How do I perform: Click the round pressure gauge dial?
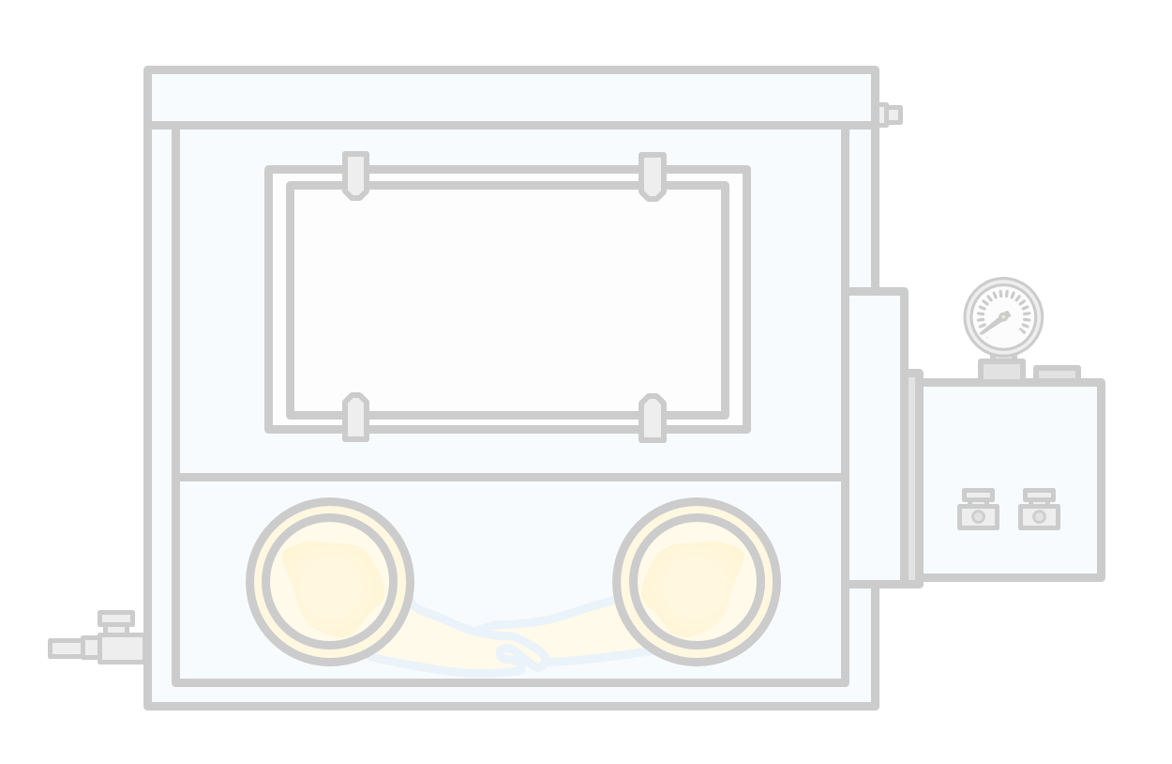pyautogui.click(x=1003, y=317)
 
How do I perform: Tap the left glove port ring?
pyautogui.click(x=330, y=582)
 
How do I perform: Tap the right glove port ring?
pyautogui.click(x=697, y=582)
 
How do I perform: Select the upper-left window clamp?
pyautogui.click(x=355, y=176)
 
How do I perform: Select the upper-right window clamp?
pyautogui.click(x=653, y=176)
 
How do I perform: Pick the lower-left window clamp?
pyautogui.click(x=355, y=417)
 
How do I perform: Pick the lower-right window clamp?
pyautogui.click(x=653, y=418)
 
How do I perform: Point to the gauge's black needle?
pyautogui.click(x=993, y=324)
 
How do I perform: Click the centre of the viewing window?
pyautogui.click(x=507, y=299)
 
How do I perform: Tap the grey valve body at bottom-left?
pyautogui.click(x=122, y=649)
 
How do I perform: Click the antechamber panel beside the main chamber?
pyautogui.click(x=874, y=437)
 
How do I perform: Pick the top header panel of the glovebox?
pyautogui.click(x=511, y=98)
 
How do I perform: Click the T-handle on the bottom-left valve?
pyautogui.click(x=116, y=619)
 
